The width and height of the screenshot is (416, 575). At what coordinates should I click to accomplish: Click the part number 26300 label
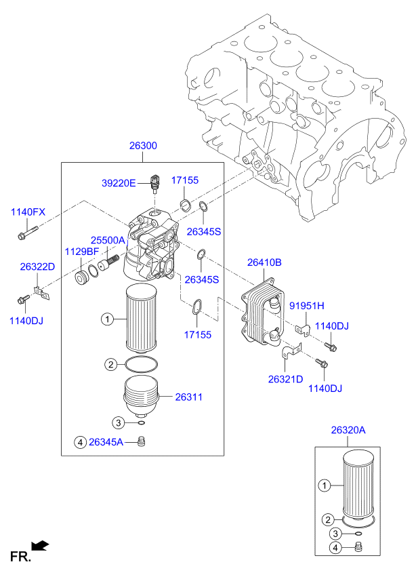pos(143,146)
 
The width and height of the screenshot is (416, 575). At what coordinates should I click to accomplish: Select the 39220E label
pos(119,182)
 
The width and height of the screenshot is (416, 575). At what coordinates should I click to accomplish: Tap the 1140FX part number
pos(28,212)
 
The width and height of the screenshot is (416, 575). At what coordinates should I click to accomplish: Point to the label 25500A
pos(108,241)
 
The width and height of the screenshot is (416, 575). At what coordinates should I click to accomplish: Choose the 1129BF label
pos(82,252)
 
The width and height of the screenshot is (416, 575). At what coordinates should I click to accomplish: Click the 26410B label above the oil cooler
pos(264,262)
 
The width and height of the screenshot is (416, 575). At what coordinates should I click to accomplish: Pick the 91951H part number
pos(307,305)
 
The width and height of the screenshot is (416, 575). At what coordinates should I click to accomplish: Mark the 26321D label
pos(285,378)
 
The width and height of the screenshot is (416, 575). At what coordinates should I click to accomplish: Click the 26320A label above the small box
pos(348,430)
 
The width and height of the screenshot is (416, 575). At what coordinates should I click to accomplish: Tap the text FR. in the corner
pos(20,557)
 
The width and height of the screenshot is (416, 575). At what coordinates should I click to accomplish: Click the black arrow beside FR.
pos(41,544)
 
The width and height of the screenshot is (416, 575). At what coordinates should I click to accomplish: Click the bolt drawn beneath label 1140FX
pos(26,236)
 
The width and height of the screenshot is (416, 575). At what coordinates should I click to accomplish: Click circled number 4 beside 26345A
pos(80,443)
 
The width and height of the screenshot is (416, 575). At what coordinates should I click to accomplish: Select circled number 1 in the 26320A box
pos(325,485)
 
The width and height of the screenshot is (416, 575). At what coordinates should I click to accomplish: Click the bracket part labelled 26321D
pos(291,353)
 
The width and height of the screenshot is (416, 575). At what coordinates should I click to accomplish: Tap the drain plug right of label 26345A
pos(142,443)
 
